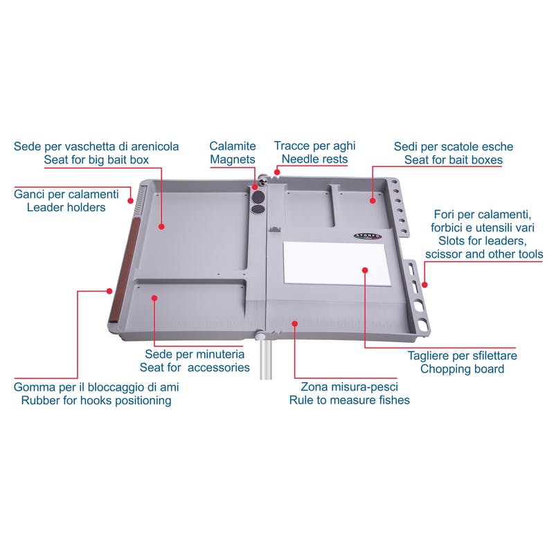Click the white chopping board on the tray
tap(337, 263)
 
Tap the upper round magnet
tap(258, 196)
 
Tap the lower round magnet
tap(258, 209)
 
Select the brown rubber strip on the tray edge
tap(123, 269)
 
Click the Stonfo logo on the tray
tap(368, 236)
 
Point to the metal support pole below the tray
tap(266, 359)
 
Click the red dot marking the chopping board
tap(365, 270)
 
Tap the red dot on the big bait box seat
tap(161, 226)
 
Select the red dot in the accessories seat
tap(154, 298)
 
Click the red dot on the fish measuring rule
tap(295, 323)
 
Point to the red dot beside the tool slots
tap(425, 285)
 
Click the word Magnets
tap(233, 159)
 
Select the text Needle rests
tap(314, 159)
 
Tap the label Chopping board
tap(462, 369)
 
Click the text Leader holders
tap(66, 207)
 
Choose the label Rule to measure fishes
tap(350, 400)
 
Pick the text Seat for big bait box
tap(96, 160)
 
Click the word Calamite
tap(233, 146)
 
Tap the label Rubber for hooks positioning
tap(96, 401)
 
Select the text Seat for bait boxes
tap(454, 160)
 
